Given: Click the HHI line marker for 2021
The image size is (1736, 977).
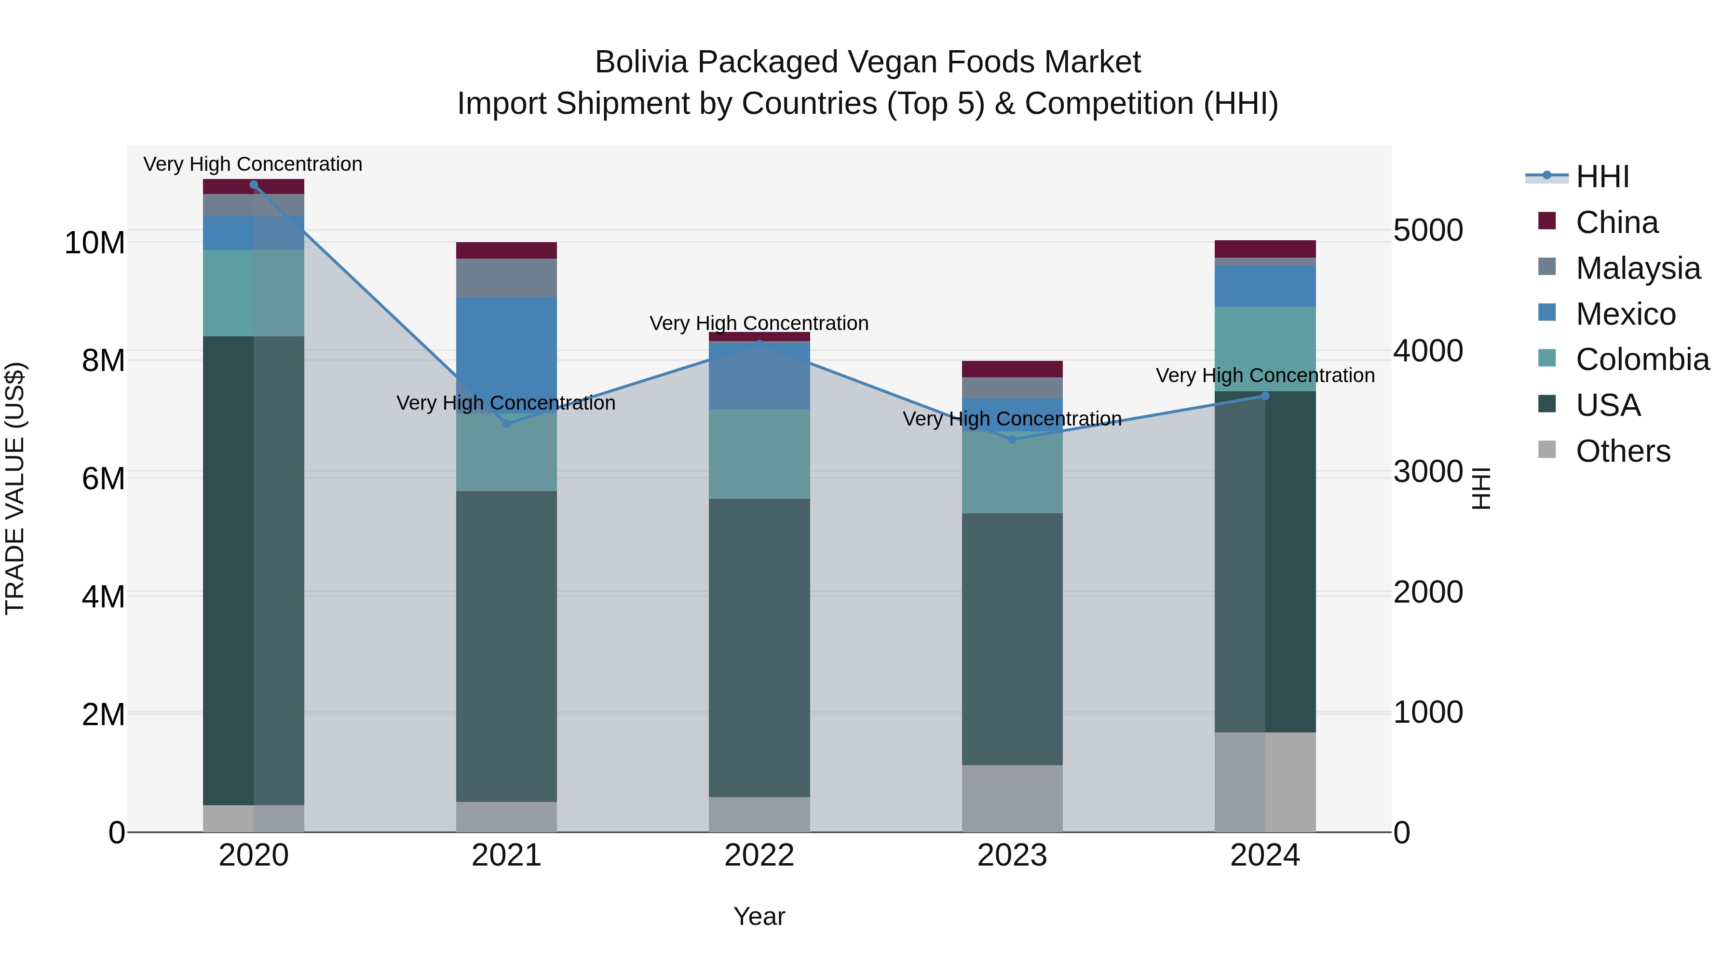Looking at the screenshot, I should [x=507, y=424].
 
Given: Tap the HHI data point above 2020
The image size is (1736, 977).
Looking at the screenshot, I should [x=253, y=185].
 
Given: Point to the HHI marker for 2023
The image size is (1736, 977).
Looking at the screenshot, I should [x=1012, y=440].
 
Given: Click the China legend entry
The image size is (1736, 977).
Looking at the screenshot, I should [x=1616, y=222].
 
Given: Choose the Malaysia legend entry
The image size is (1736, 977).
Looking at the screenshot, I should [x=1638, y=268].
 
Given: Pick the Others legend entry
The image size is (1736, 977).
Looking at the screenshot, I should [x=1623, y=451].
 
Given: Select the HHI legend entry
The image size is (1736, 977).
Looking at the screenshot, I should [x=1602, y=177].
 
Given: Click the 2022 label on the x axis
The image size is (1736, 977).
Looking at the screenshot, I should [x=759, y=855].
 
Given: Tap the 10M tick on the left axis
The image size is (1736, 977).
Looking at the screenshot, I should [x=95, y=243].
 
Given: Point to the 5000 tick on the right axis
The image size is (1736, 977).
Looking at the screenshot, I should [x=1428, y=231].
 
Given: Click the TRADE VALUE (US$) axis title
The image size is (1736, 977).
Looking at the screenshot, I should [x=15, y=488].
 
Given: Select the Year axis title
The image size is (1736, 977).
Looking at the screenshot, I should [x=759, y=916].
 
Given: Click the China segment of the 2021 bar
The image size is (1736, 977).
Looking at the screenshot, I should [x=507, y=250].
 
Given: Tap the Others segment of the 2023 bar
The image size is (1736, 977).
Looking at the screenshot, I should [x=1012, y=798].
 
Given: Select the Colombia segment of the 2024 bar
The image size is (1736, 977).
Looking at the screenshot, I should [x=1265, y=349].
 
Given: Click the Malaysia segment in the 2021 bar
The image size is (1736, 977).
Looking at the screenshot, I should [x=507, y=278].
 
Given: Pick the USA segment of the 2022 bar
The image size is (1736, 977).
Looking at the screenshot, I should [x=759, y=647].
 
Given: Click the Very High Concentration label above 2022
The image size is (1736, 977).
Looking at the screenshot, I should [x=759, y=324].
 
